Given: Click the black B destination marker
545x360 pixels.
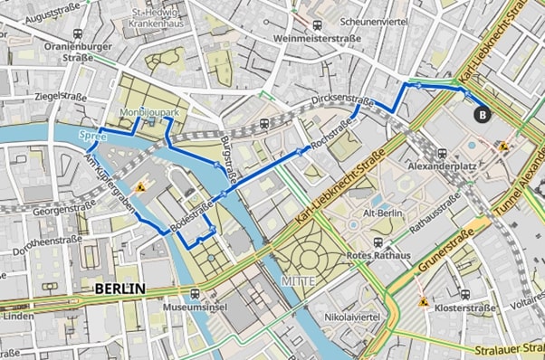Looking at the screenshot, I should [x=482, y=114].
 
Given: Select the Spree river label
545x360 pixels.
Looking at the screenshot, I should [x=92, y=137].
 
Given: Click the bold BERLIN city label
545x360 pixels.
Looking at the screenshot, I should [x=119, y=289].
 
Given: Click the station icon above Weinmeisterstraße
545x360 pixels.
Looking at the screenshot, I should [x=317, y=25].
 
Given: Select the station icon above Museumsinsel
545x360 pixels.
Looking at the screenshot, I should [x=196, y=294].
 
